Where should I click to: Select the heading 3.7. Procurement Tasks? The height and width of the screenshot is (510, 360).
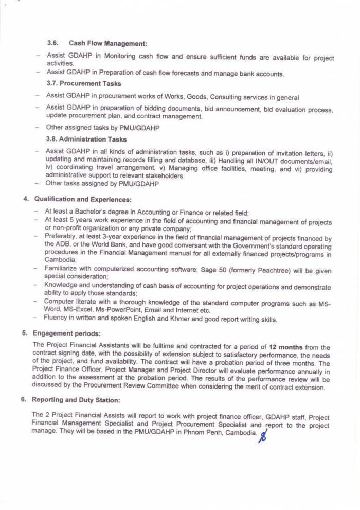tap(84, 83)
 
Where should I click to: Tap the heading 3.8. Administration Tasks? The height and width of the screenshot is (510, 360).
tap(86, 139)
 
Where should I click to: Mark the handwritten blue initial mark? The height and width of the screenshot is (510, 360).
tap(264, 437)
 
